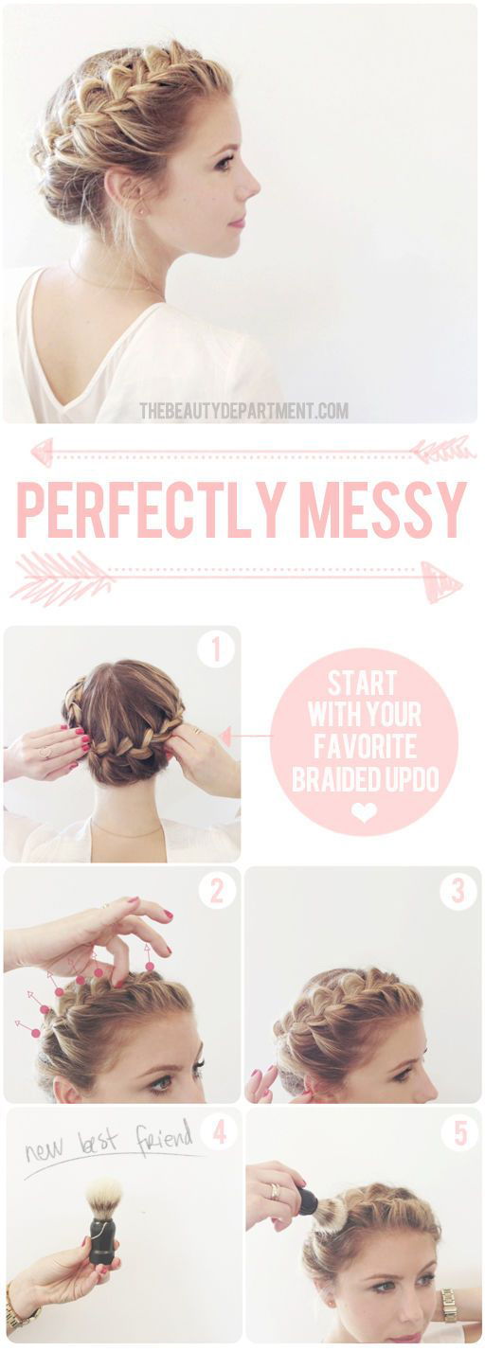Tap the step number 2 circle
click(217, 891)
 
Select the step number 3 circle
click(458, 891)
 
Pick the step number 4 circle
click(219, 1132)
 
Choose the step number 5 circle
click(459, 1132)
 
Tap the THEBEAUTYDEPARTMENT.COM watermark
click(243, 411)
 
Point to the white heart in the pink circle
click(364, 812)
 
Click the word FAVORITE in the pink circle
click(364, 747)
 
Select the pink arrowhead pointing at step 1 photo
click(225, 736)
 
